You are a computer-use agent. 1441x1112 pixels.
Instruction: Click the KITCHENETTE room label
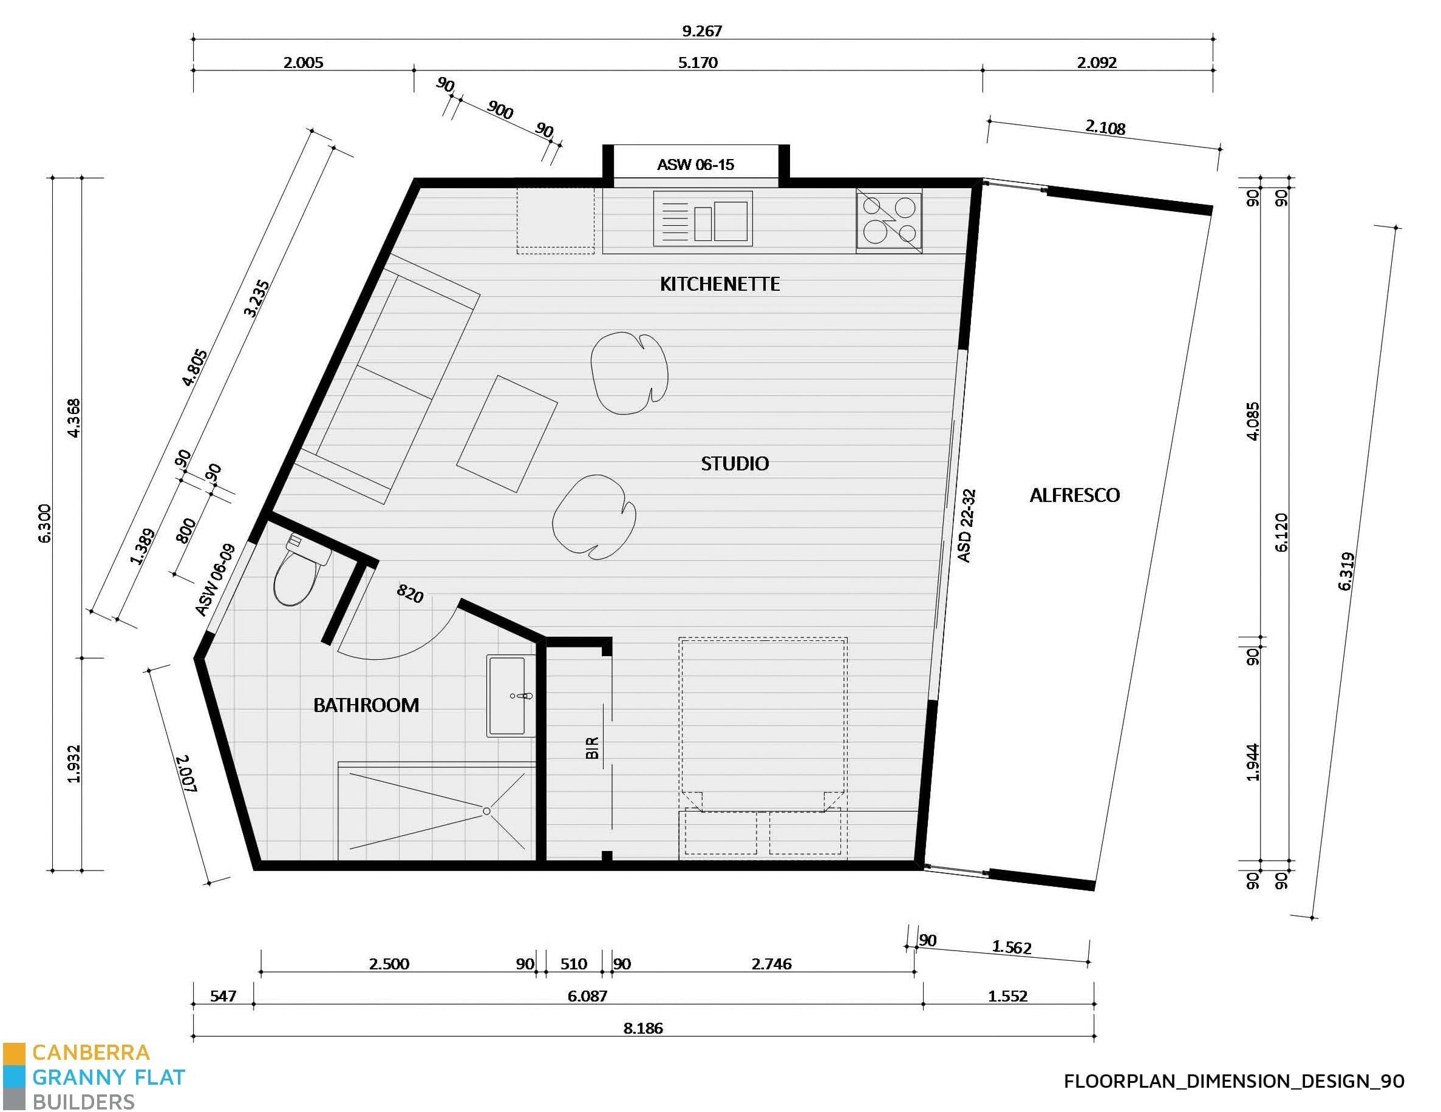(720, 284)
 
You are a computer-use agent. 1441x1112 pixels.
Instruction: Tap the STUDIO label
(734, 464)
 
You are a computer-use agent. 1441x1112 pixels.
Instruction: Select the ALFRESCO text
(1074, 495)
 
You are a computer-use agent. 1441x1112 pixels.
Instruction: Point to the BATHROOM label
(366, 706)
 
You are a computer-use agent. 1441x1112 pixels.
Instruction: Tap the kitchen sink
(703, 219)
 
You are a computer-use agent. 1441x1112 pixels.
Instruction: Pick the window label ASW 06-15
(695, 165)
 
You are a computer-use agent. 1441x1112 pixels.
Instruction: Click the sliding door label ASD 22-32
(966, 526)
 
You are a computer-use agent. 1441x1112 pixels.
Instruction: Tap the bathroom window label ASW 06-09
(215, 580)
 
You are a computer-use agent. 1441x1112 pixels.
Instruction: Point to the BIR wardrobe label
(593, 748)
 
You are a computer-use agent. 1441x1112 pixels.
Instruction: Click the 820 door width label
(410, 594)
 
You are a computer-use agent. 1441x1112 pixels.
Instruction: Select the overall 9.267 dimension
(701, 31)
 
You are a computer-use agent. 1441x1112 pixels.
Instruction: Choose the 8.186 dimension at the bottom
(642, 1028)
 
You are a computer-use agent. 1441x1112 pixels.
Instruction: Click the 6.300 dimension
(45, 524)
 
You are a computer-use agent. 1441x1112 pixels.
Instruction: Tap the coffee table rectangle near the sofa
(506, 433)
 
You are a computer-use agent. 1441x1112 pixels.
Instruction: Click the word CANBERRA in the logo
(90, 1052)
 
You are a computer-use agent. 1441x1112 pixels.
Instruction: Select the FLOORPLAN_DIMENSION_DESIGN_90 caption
(1233, 1081)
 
